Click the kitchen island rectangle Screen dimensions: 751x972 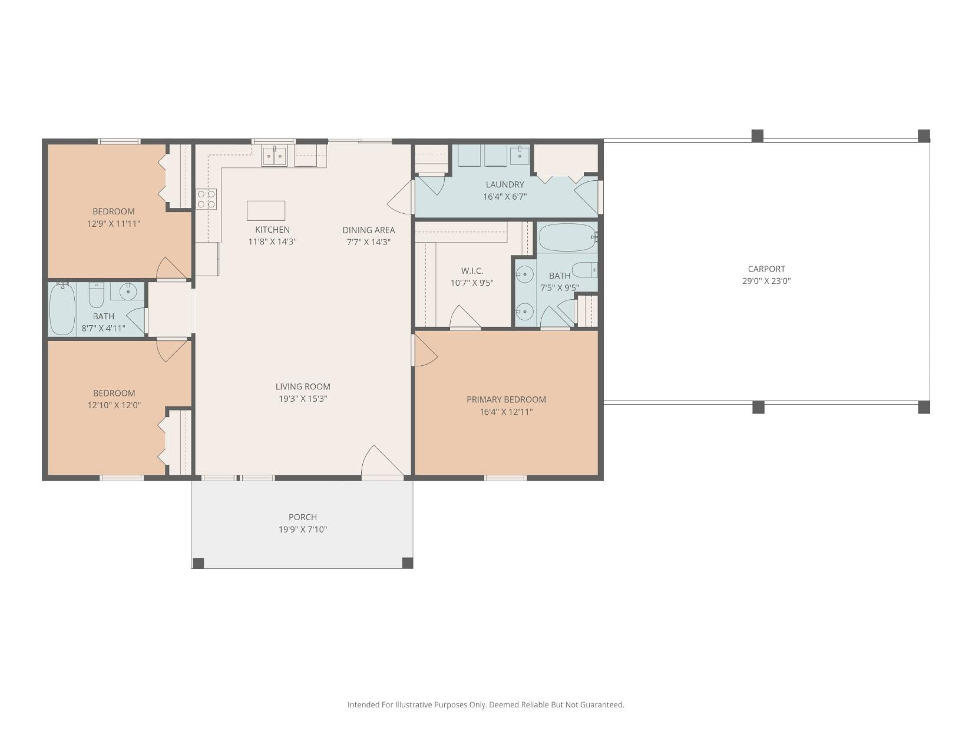pyautogui.click(x=266, y=210)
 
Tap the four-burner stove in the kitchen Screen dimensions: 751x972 pyautogui.click(x=206, y=199)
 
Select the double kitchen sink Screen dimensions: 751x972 pyautogui.click(x=275, y=156)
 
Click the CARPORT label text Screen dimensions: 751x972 pyautogui.click(x=766, y=269)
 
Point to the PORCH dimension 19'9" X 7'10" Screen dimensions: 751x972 pyautogui.click(x=303, y=530)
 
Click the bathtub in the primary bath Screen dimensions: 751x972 pyautogui.click(x=567, y=237)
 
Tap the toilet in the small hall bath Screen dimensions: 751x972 pyautogui.click(x=97, y=295)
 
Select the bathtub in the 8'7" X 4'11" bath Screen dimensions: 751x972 pyautogui.click(x=62, y=309)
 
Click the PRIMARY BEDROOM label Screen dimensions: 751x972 pyautogui.click(x=506, y=399)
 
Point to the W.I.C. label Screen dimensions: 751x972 pyautogui.click(x=472, y=270)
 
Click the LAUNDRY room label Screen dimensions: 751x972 pyautogui.click(x=505, y=184)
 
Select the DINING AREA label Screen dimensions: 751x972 pyautogui.click(x=369, y=230)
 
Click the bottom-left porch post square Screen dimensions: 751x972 pyautogui.click(x=199, y=563)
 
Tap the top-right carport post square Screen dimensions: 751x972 pyautogui.click(x=924, y=135)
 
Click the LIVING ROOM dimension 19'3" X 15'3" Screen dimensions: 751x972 pyautogui.click(x=303, y=399)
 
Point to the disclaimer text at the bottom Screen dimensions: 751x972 pyautogui.click(x=485, y=704)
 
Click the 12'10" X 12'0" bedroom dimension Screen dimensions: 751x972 pyautogui.click(x=114, y=405)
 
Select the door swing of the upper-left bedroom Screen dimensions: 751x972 pyautogui.click(x=171, y=269)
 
